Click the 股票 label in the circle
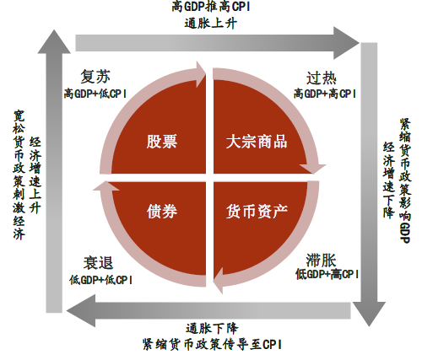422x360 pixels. tap(161, 142)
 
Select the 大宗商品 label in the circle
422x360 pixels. tap(257, 142)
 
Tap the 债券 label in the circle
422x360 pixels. tap(162, 212)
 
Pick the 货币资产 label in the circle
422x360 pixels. tap(257, 212)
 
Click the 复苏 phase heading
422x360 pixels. tap(95, 77)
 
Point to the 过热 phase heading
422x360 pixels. tap(322, 78)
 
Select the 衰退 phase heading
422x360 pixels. tap(98, 263)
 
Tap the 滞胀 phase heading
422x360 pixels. tap(321, 260)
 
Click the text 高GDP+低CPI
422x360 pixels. tap(95, 94)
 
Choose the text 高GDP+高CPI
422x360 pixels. tap(325, 94)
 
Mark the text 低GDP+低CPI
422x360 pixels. tap(101, 280)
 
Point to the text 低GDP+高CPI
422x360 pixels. tap(327, 274)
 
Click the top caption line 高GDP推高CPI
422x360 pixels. tap(211, 7)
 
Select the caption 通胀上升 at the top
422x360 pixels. tap(210, 24)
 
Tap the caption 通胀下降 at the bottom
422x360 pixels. tap(212, 329)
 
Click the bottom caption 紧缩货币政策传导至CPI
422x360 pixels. tap(212, 345)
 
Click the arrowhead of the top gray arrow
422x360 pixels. tap(347, 43)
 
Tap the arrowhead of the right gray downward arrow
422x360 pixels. tap(369, 314)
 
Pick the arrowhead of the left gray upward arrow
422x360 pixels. tap(54, 41)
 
